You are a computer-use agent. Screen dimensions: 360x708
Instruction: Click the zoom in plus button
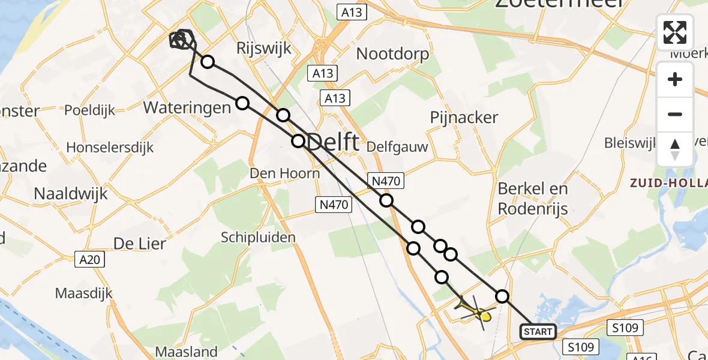675,80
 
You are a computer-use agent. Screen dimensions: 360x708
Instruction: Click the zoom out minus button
675,114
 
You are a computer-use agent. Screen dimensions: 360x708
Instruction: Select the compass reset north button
675,149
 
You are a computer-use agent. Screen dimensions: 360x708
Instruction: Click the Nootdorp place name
393,54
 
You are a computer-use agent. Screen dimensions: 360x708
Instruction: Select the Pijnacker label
464,118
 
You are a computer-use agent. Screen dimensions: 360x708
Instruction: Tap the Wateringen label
187,108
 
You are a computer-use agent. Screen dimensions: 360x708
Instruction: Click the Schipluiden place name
258,238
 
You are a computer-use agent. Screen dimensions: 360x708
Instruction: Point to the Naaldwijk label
71,194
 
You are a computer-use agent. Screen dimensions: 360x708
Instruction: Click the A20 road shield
91,259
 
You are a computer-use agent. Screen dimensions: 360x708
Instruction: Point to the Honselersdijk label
110,147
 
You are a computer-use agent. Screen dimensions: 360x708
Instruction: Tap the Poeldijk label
89,110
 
